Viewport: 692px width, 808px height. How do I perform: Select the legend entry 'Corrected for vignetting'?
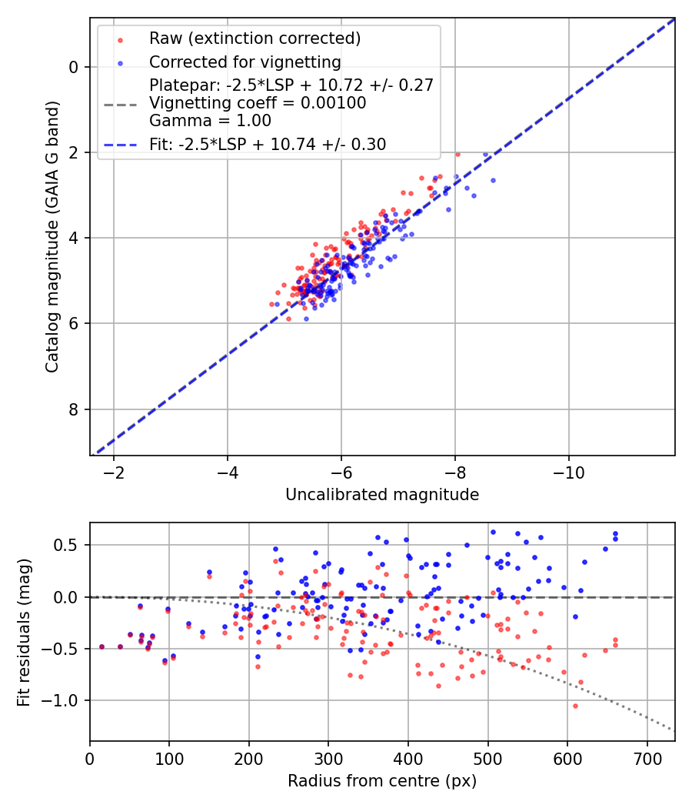click(x=245, y=62)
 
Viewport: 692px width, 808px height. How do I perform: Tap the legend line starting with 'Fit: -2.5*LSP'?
click(x=268, y=144)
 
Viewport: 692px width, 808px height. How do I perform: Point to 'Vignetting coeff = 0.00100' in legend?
click(x=258, y=102)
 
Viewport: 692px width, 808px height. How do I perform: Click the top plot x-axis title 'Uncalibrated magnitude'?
click(x=382, y=495)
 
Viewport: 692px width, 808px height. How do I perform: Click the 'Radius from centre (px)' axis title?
click(x=382, y=781)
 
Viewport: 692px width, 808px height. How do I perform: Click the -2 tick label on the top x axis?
click(x=114, y=470)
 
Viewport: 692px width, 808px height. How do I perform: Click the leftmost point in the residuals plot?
click(x=101, y=647)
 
